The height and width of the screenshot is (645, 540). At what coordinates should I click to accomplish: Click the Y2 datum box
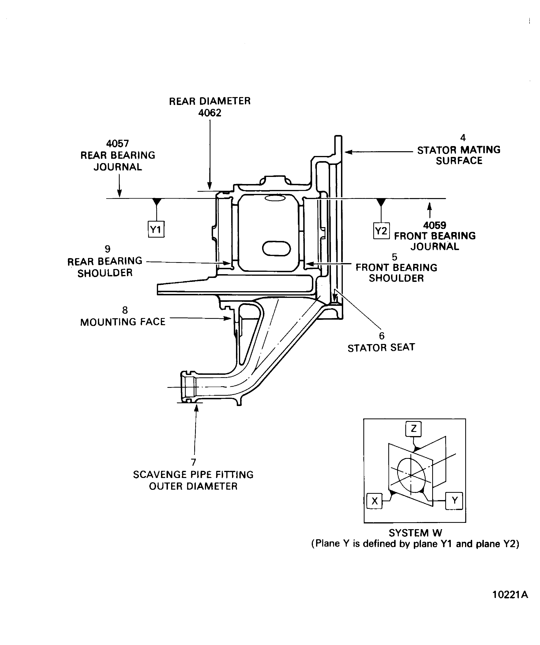pyautogui.click(x=381, y=231)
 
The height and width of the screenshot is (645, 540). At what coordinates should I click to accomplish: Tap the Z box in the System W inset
pyautogui.click(x=413, y=429)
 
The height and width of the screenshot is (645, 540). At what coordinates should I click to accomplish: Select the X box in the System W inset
pyautogui.click(x=375, y=501)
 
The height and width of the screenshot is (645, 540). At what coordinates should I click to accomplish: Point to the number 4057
pyautogui.click(x=117, y=144)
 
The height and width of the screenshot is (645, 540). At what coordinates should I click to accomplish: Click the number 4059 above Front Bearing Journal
pyautogui.click(x=435, y=225)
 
